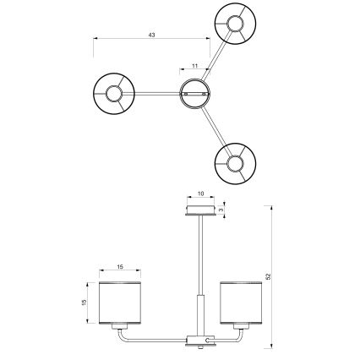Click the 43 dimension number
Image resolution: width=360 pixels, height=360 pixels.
(151, 35)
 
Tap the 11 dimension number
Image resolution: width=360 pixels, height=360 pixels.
(194, 65)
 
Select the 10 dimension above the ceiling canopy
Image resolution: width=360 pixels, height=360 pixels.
(201, 194)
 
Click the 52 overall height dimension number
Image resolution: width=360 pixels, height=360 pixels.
(269, 275)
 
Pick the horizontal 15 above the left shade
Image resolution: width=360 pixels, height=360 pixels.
(121, 267)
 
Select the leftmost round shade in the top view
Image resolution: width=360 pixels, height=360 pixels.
(113, 91)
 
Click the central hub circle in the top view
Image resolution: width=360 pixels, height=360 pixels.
(196, 92)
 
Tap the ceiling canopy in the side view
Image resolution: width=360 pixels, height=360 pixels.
(201, 209)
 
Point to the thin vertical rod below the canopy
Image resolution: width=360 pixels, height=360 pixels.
(200, 254)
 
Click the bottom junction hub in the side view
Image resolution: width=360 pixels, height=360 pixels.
(200, 340)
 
